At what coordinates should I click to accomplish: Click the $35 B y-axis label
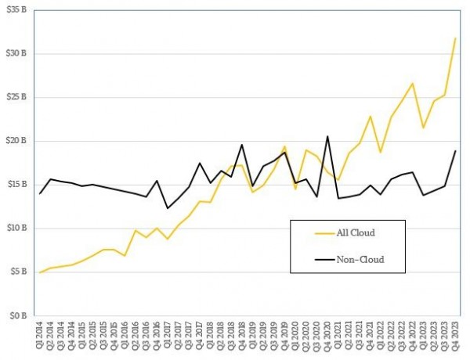(15, 9)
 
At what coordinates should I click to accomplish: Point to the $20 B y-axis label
(15, 141)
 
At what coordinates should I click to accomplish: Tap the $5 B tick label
(17, 272)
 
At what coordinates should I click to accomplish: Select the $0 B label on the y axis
(17, 316)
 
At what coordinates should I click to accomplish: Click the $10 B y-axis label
(15, 229)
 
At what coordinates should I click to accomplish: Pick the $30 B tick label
(15, 53)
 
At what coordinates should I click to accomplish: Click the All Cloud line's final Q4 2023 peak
(455, 38)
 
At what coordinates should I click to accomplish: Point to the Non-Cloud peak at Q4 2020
(327, 137)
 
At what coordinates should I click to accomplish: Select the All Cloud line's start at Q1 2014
(39, 272)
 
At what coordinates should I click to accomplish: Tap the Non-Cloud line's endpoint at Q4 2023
(455, 151)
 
